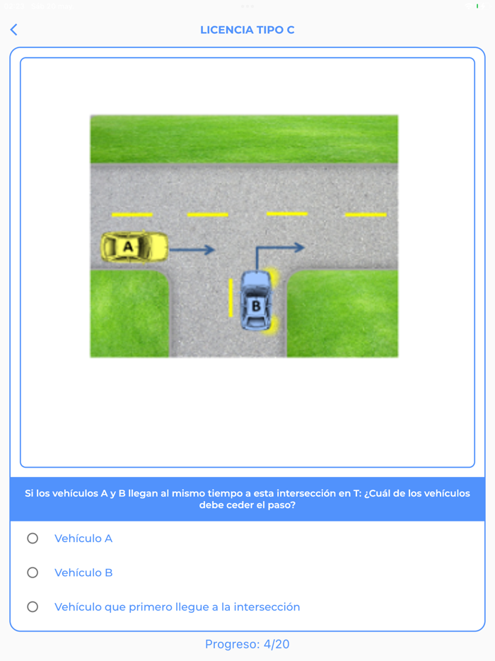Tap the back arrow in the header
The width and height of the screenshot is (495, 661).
(13, 30)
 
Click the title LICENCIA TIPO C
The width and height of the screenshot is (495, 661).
(248, 30)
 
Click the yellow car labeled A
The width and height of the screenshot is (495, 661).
(134, 246)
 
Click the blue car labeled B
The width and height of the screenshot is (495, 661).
(255, 301)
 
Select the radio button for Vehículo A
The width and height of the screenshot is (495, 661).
(33, 539)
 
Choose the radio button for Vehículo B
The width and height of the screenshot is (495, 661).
(33, 573)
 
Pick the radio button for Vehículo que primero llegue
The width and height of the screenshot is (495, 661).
(33, 607)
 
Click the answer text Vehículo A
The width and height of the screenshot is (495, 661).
(83, 539)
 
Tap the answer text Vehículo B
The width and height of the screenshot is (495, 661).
(83, 573)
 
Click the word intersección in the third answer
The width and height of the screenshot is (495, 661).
(267, 607)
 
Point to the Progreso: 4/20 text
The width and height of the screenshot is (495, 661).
(248, 644)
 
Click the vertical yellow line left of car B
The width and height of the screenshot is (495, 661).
(231, 297)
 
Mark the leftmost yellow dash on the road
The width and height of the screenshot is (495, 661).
(132, 214)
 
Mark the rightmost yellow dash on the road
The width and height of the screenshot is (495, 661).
(366, 214)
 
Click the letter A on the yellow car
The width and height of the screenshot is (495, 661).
(128, 246)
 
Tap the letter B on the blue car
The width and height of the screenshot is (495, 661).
(255, 306)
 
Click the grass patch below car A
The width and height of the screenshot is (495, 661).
(129, 315)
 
